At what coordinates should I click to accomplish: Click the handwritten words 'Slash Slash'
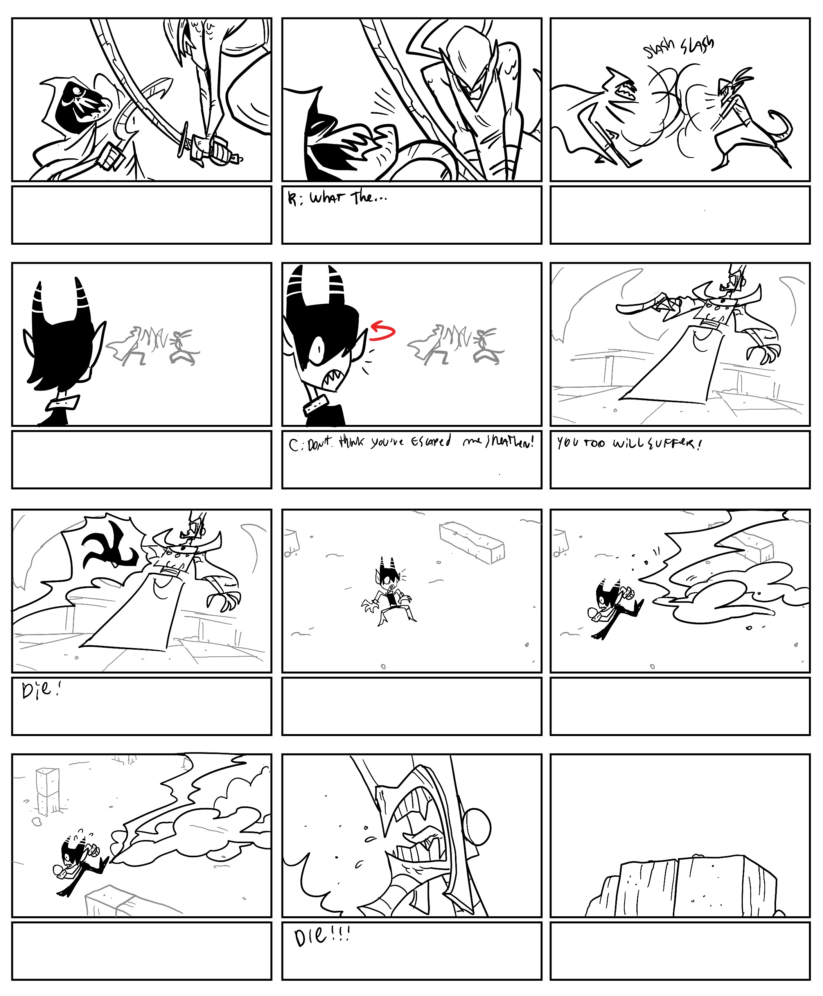pyautogui.click(x=678, y=47)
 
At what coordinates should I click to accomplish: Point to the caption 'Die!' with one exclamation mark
pyautogui.click(x=41, y=690)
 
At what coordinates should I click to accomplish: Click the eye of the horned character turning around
pyautogui.click(x=316, y=350)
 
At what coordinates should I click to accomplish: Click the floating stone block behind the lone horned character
pyautogui.click(x=472, y=543)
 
